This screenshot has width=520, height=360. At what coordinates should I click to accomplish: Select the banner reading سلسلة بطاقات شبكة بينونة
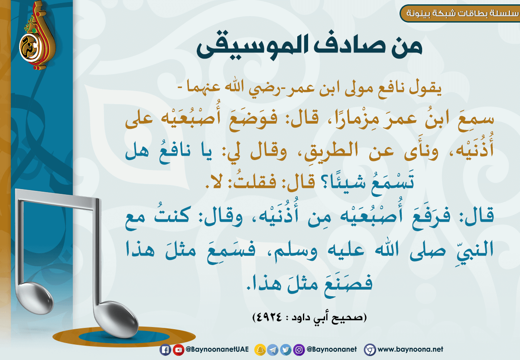pyautogui.click(x=460, y=13)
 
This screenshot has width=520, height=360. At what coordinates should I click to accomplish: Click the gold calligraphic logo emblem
pyautogui.click(x=37, y=35)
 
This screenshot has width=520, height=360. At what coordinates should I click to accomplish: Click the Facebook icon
pyautogui.click(x=165, y=350)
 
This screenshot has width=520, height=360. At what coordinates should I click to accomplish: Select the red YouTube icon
pyautogui.click(x=179, y=350)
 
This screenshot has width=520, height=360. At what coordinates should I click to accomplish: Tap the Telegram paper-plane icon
pyautogui.click(x=273, y=350)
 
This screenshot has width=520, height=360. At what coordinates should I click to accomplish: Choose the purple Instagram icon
pyautogui.click(x=299, y=350)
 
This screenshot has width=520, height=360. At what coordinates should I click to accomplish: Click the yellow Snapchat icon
pyautogui.click(x=260, y=350)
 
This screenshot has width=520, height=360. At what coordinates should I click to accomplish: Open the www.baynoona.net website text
pyautogui.click(x=410, y=349)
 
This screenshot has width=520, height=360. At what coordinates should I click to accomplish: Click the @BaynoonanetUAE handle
pyautogui.click(x=217, y=349)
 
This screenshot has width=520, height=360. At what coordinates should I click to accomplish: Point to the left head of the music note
pyautogui.click(x=35, y=299)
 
